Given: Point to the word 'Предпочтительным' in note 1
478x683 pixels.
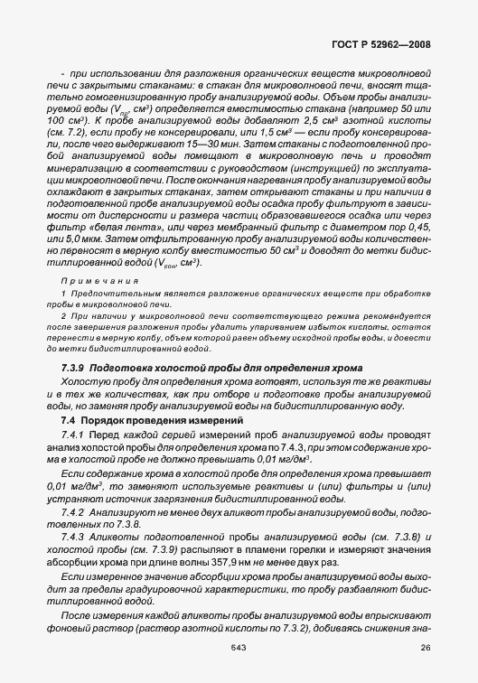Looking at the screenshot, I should tap(104, 295).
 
